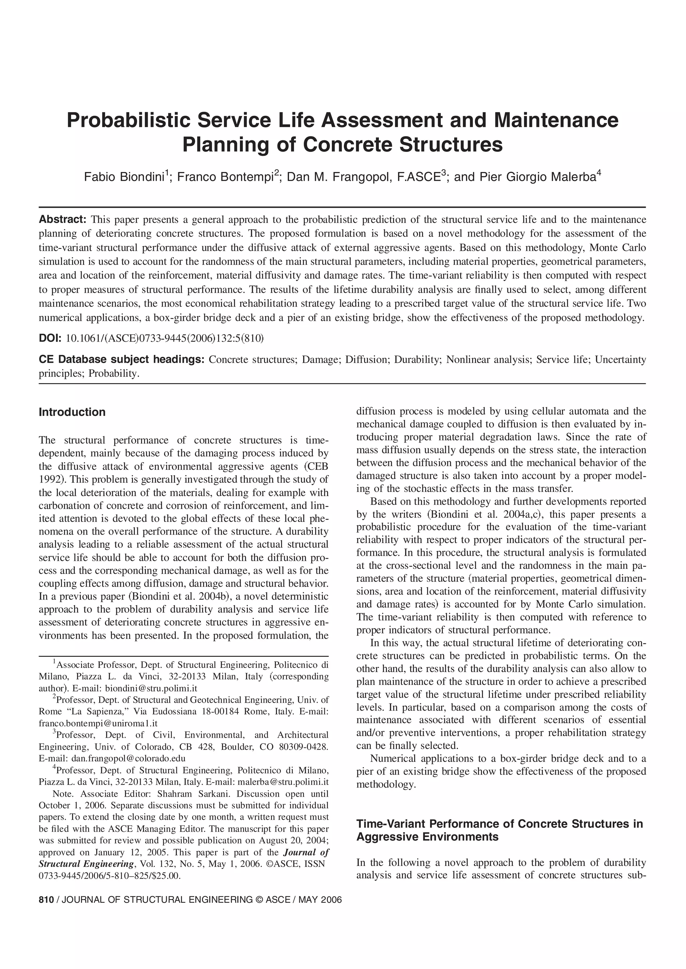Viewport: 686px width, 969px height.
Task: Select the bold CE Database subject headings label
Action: [122, 360]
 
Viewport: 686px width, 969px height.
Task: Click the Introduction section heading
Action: [72, 412]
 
